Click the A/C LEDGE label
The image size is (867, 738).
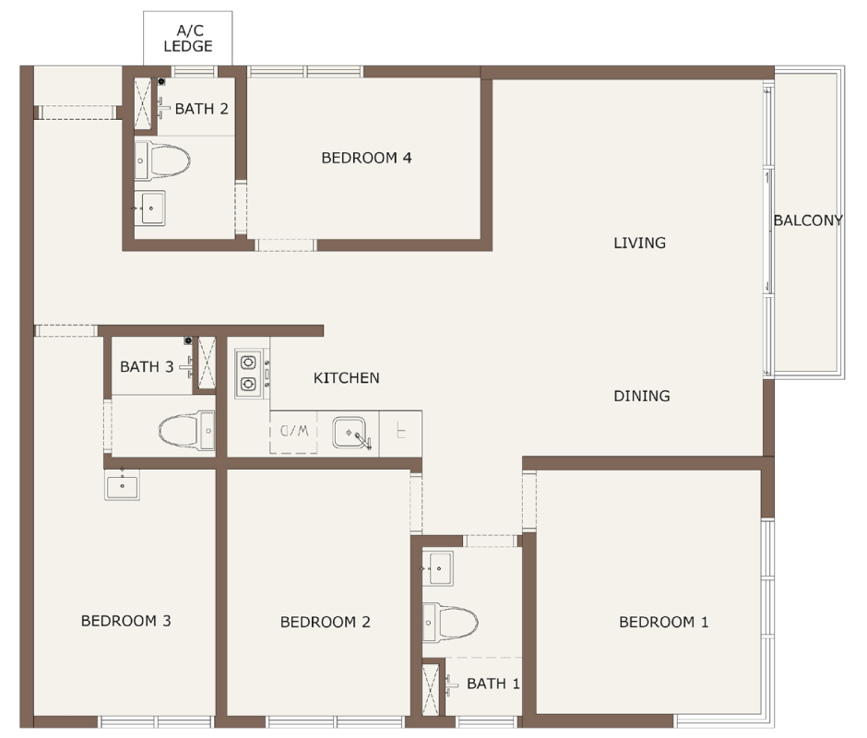188,38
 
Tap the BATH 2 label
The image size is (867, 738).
201,109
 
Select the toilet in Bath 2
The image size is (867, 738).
162,161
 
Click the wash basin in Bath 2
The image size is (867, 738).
149,208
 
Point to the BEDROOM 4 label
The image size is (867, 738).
366,159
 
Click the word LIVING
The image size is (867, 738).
639,243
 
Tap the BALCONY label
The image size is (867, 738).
808,220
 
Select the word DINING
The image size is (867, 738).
641,396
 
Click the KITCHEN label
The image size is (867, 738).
346,378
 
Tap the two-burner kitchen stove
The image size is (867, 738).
249,373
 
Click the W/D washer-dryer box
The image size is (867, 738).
293,432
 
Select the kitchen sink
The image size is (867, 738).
350,433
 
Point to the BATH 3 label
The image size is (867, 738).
147,367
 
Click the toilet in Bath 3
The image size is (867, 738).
187,431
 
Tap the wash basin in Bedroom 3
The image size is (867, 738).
122,484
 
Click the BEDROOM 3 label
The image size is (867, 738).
126,621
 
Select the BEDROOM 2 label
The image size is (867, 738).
325,623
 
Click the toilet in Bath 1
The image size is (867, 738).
450,623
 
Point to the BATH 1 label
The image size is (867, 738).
493,684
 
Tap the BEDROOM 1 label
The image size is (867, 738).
663,623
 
